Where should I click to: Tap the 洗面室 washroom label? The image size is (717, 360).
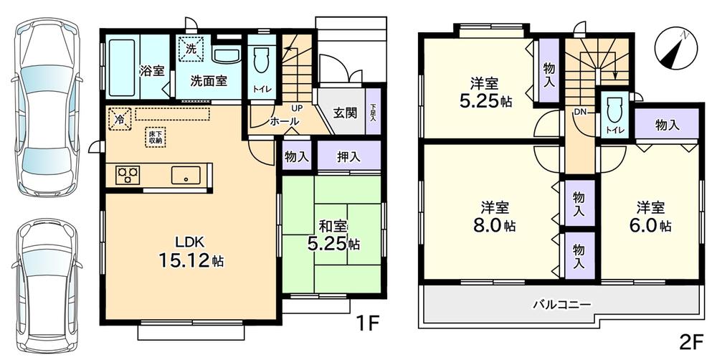(209, 80)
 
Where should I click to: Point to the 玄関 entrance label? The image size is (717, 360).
(346, 112)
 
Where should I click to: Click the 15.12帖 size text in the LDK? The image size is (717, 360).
(191, 261)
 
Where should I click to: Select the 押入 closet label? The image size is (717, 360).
(348, 156)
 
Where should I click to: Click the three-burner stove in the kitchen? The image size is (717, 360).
(128, 174)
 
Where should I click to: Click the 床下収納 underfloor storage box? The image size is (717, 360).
(155, 137)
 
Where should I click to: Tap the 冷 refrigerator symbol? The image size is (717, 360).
(120, 118)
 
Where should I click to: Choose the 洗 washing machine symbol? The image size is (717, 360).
(191, 49)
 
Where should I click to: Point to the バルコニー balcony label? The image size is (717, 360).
(561, 304)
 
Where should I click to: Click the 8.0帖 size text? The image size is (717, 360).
(498, 225)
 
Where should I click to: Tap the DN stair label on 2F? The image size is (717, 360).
(579, 113)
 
